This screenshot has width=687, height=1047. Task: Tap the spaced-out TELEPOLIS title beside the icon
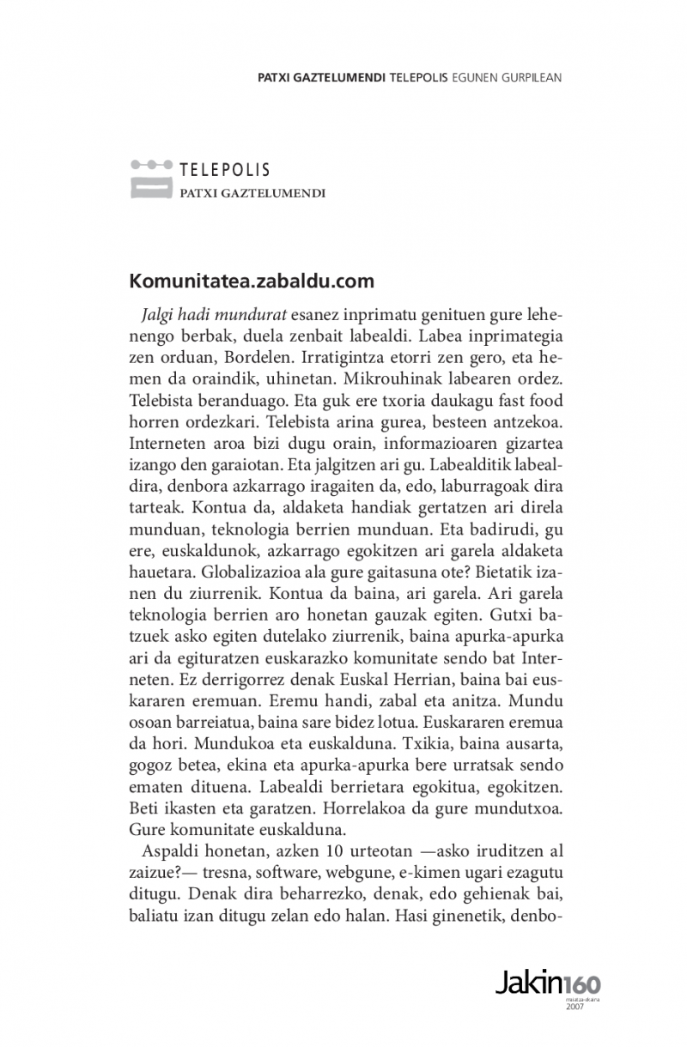coord(225,169)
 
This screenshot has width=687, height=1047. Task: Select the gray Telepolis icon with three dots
coord(151,178)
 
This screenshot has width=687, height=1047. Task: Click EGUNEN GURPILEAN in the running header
coord(507,76)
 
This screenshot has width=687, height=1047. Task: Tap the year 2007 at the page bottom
coord(575,1007)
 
